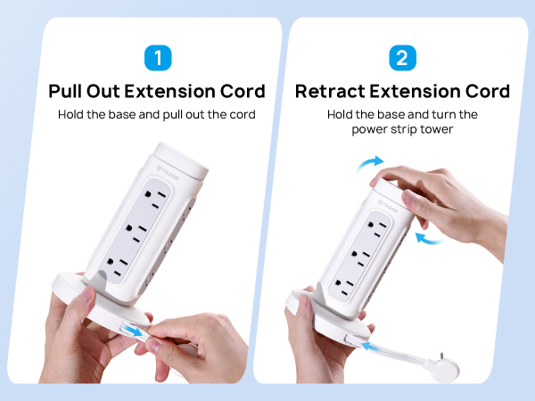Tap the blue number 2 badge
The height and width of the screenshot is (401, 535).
(401, 59)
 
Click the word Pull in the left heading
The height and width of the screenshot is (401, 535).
(69, 92)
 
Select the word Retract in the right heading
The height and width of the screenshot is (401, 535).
(327, 92)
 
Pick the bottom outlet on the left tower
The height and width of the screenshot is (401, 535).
(121, 265)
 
